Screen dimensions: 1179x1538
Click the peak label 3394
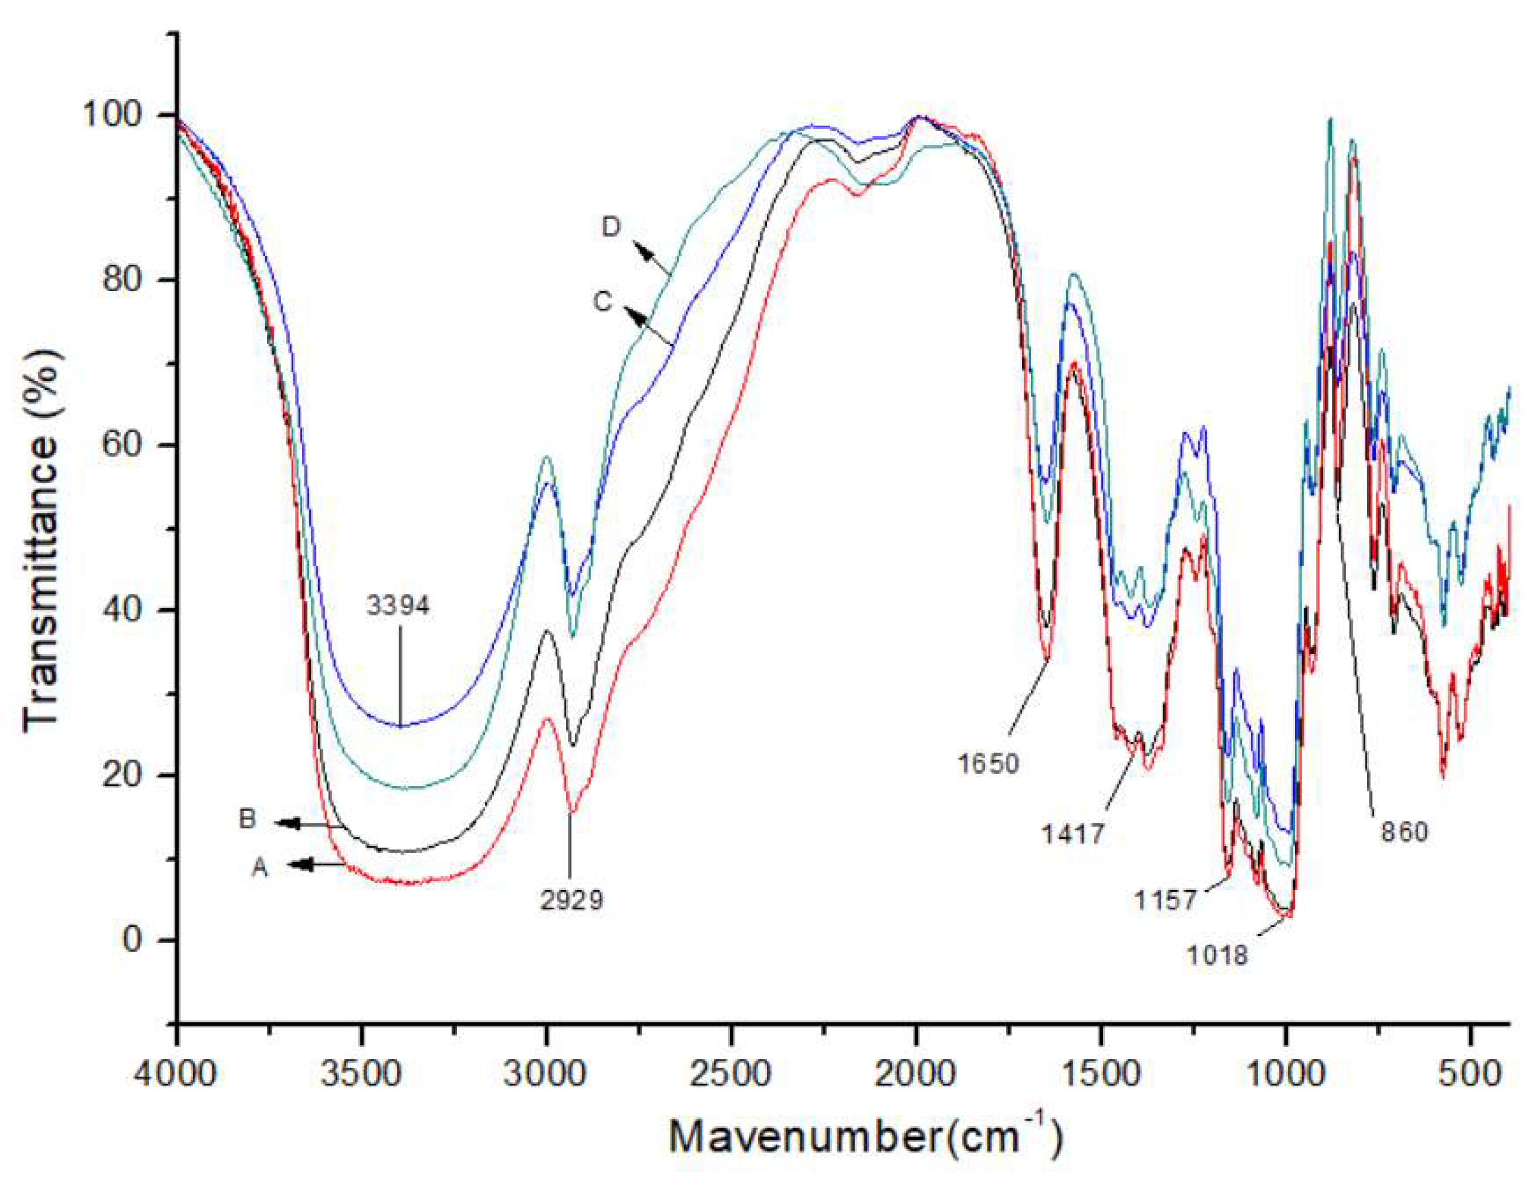click(x=398, y=605)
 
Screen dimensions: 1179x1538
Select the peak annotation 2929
click(x=571, y=899)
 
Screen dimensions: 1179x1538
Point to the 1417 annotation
click(x=1073, y=834)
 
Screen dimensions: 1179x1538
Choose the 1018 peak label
click(x=1217, y=955)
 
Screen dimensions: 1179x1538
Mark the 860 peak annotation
click(x=1404, y=832)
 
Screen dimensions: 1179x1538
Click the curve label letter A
click(x=260, y=868)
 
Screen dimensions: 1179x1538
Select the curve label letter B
click(x=247, y=819)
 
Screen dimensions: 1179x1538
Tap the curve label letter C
click(x=603, y=302)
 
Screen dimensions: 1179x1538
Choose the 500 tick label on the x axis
click(x=1471, y=1074)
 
